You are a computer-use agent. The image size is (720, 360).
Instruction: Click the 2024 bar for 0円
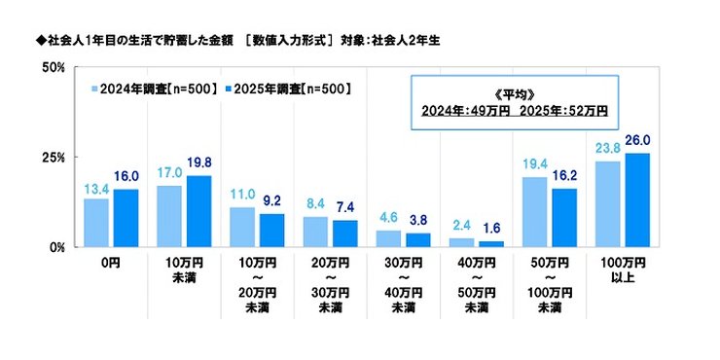point(96,222)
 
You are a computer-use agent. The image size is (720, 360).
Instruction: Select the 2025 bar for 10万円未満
point(199,211)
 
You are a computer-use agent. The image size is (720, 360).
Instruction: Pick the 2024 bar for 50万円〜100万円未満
point(534,212)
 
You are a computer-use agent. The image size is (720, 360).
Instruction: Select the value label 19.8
point(199,165)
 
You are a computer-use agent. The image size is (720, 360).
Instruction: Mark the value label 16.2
point(563,178)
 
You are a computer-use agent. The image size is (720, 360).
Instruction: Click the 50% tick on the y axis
point(54,67)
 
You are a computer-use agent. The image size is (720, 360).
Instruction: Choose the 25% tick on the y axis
point(54,157)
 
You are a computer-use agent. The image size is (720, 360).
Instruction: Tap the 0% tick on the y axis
point(56,246)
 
